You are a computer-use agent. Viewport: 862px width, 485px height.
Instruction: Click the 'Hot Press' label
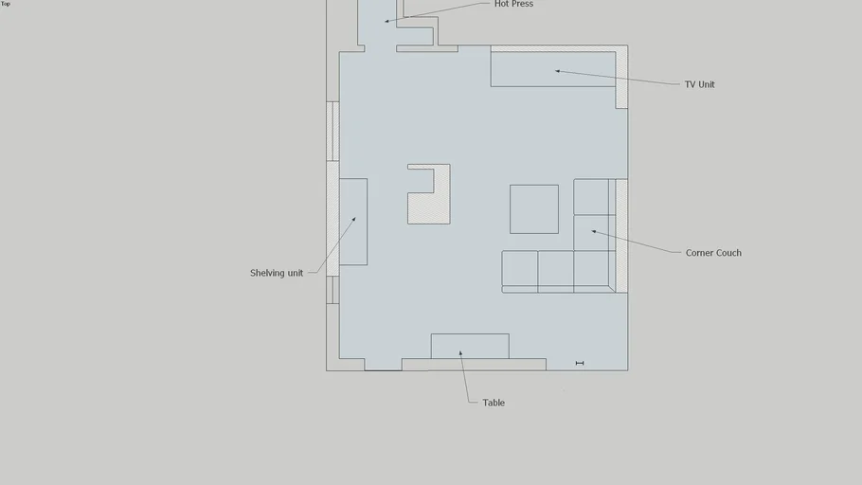(x=513, y=4)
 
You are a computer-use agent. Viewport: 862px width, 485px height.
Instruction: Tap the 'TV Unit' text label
(x=699, y=84)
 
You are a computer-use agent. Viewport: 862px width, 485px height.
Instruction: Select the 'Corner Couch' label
(x=713, y=253)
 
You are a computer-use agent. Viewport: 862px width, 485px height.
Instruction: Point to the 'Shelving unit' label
(x=277, y=273)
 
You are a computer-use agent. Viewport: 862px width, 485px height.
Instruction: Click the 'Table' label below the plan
(x=494, y=403)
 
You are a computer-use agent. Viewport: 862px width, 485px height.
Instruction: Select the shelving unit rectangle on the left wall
(x=352, y=222)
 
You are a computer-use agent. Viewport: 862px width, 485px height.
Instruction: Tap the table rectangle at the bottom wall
(x=470, y=346)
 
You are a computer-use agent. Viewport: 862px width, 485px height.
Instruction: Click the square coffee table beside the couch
(x=534, y=209)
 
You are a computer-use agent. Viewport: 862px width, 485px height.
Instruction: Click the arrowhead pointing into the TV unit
(x=558, y=71)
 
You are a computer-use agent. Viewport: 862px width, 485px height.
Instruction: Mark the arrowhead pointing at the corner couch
(x=595, y=231)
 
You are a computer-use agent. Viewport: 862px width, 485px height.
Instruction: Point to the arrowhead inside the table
(x=461, y=353)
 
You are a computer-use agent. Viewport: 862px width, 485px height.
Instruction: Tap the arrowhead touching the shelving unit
(x=354, y=219)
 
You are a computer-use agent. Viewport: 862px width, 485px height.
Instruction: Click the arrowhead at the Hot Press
(x=386, y=21)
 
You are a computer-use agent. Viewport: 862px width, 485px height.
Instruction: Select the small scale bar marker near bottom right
(x=580, y=363)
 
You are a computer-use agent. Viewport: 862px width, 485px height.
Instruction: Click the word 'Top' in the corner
(x=6, y=4)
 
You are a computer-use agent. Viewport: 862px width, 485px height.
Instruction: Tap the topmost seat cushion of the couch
(x=590, y=197)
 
